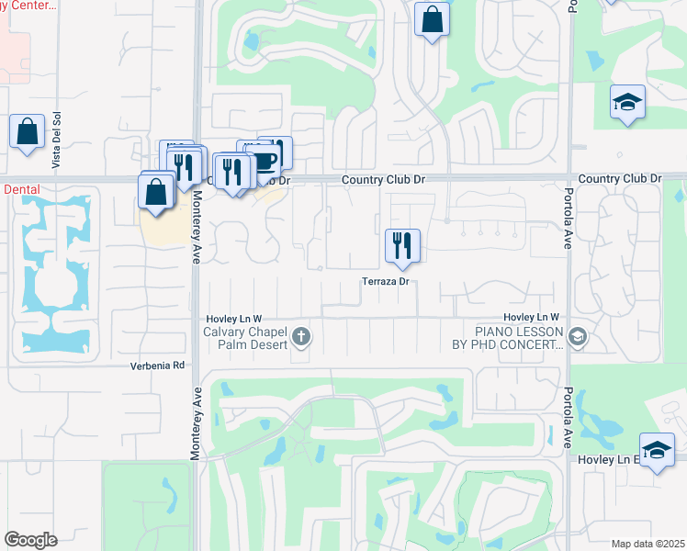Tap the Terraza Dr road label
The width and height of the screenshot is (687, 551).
[384, 281]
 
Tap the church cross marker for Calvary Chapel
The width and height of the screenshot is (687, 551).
[301, 338]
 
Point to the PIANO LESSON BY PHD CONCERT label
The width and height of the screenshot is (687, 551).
[518, 338]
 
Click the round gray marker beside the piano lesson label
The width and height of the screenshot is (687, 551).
[578, 338]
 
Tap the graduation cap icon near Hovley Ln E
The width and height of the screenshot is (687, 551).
[656, 450]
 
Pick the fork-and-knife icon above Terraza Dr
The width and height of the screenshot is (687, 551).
[402, 245]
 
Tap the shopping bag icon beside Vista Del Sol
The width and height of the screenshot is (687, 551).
[27, 131]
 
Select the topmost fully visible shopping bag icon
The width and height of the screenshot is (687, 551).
[431, 18]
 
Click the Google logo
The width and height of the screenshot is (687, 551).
[30, 540]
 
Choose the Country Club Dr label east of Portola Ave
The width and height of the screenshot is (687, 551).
[620, 178]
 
